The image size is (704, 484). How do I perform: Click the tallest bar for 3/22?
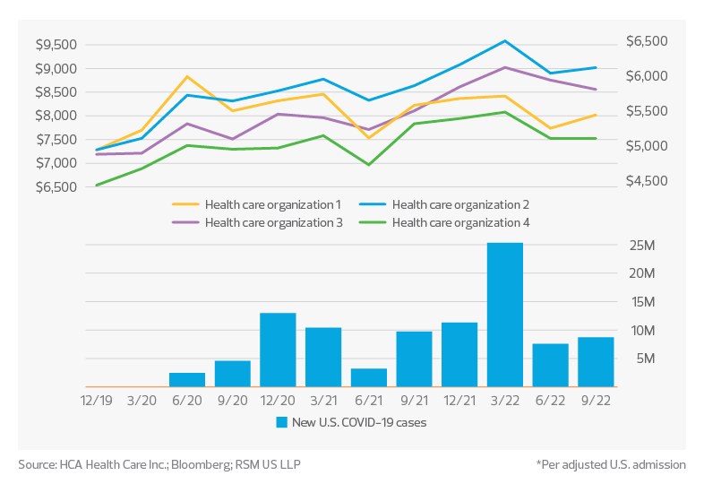point(505,315)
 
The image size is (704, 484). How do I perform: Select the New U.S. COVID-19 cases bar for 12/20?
point(279,350)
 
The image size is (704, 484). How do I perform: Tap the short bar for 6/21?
point(369,377)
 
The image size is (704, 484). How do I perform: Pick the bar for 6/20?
point(188,379)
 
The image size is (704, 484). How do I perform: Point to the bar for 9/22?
point(596,361)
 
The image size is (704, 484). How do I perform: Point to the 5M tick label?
point(644,359)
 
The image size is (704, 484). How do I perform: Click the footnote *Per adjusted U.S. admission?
point(611,464)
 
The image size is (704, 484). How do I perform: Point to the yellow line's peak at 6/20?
point(187,77)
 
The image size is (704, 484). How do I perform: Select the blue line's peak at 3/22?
point(505,41)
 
